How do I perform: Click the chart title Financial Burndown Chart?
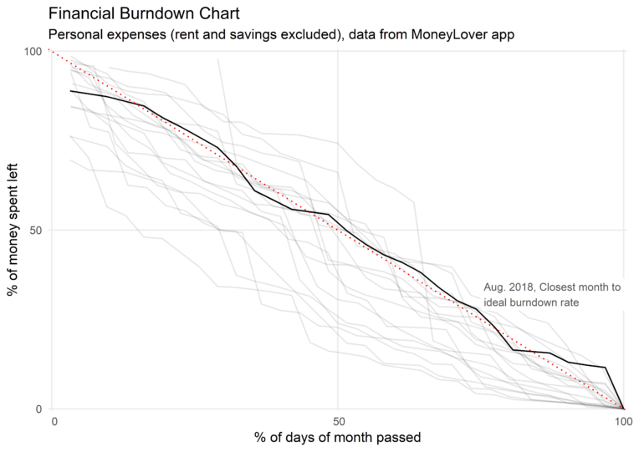click(x=144, y=14)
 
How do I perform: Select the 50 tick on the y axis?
click(x=35, y=230)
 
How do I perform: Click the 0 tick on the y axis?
click(x=38, y=409)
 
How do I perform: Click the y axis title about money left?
click(x=14, y=230)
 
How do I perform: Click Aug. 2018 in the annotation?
click(x=509, y=287)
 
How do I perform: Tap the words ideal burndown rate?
click(x=530, y=302)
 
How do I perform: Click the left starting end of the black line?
click(x=71, y=90)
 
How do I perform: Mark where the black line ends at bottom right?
click(x=623, y=408)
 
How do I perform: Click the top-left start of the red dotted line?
click(x=51, y=51)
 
